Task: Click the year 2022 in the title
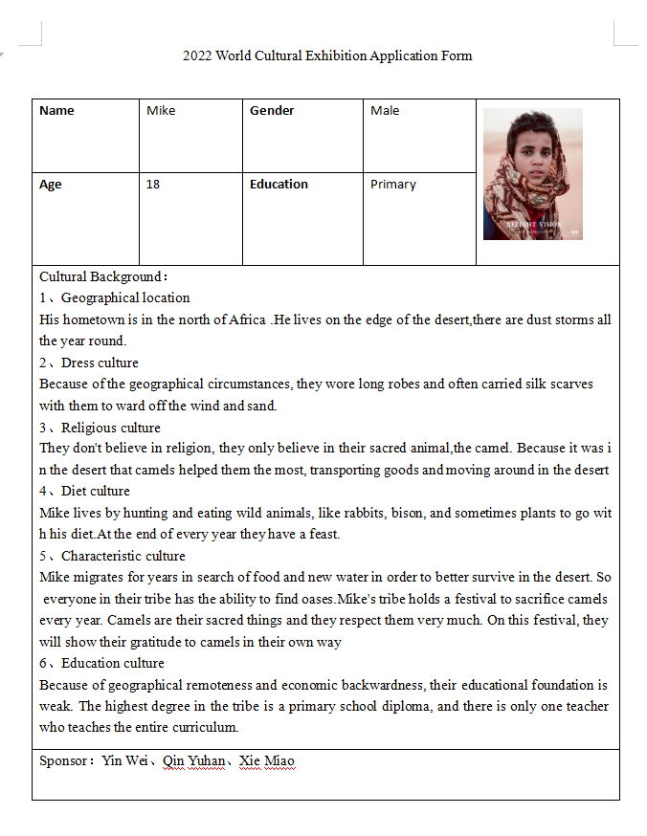coord(197,55)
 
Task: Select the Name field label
coord(56,111)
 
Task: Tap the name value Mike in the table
coord(161,111)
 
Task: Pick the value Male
coord(385,111)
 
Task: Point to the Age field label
coord(51,185)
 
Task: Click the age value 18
coord(153,185)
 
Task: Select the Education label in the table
coord(279,185)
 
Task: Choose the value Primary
coord(393,185)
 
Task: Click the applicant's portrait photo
coord(532,173)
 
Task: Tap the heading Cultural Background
coord(102,276)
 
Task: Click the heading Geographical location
coord(125,297)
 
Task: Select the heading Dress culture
coord(100,363)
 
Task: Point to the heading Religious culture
coord(111,428)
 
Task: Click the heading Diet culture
coord(96,492)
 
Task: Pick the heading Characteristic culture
coord(123,556)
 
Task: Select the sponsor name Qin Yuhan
coord(194,761)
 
